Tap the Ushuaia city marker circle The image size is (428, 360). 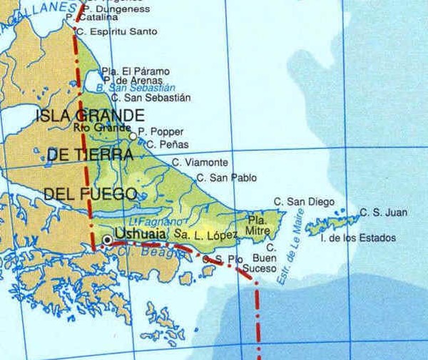107,240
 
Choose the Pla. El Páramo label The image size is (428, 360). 135,71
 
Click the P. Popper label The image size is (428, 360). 160,132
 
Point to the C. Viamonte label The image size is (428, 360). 200,163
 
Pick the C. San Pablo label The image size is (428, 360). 226,178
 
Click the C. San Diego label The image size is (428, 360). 299,202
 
